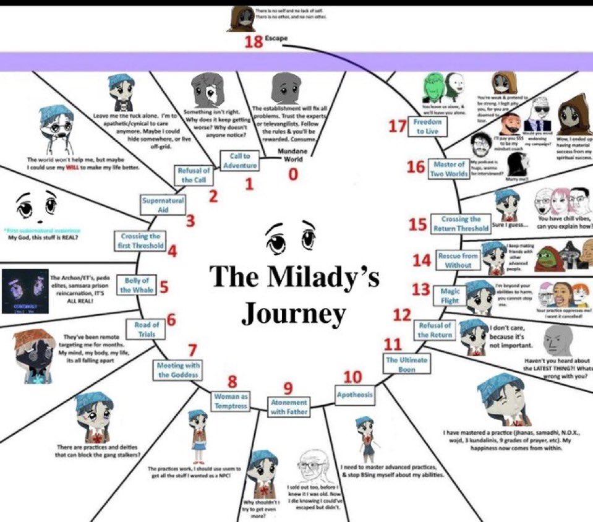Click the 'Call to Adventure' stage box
click(240, 160)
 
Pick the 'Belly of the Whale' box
click(137, 285)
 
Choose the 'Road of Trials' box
click(147, 329)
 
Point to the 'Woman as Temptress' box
click(231, 401)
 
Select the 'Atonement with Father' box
click(288, 406)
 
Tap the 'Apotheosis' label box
click(355, 394)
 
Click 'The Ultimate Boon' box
click(401, 364)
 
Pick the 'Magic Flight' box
click(450, 296)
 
